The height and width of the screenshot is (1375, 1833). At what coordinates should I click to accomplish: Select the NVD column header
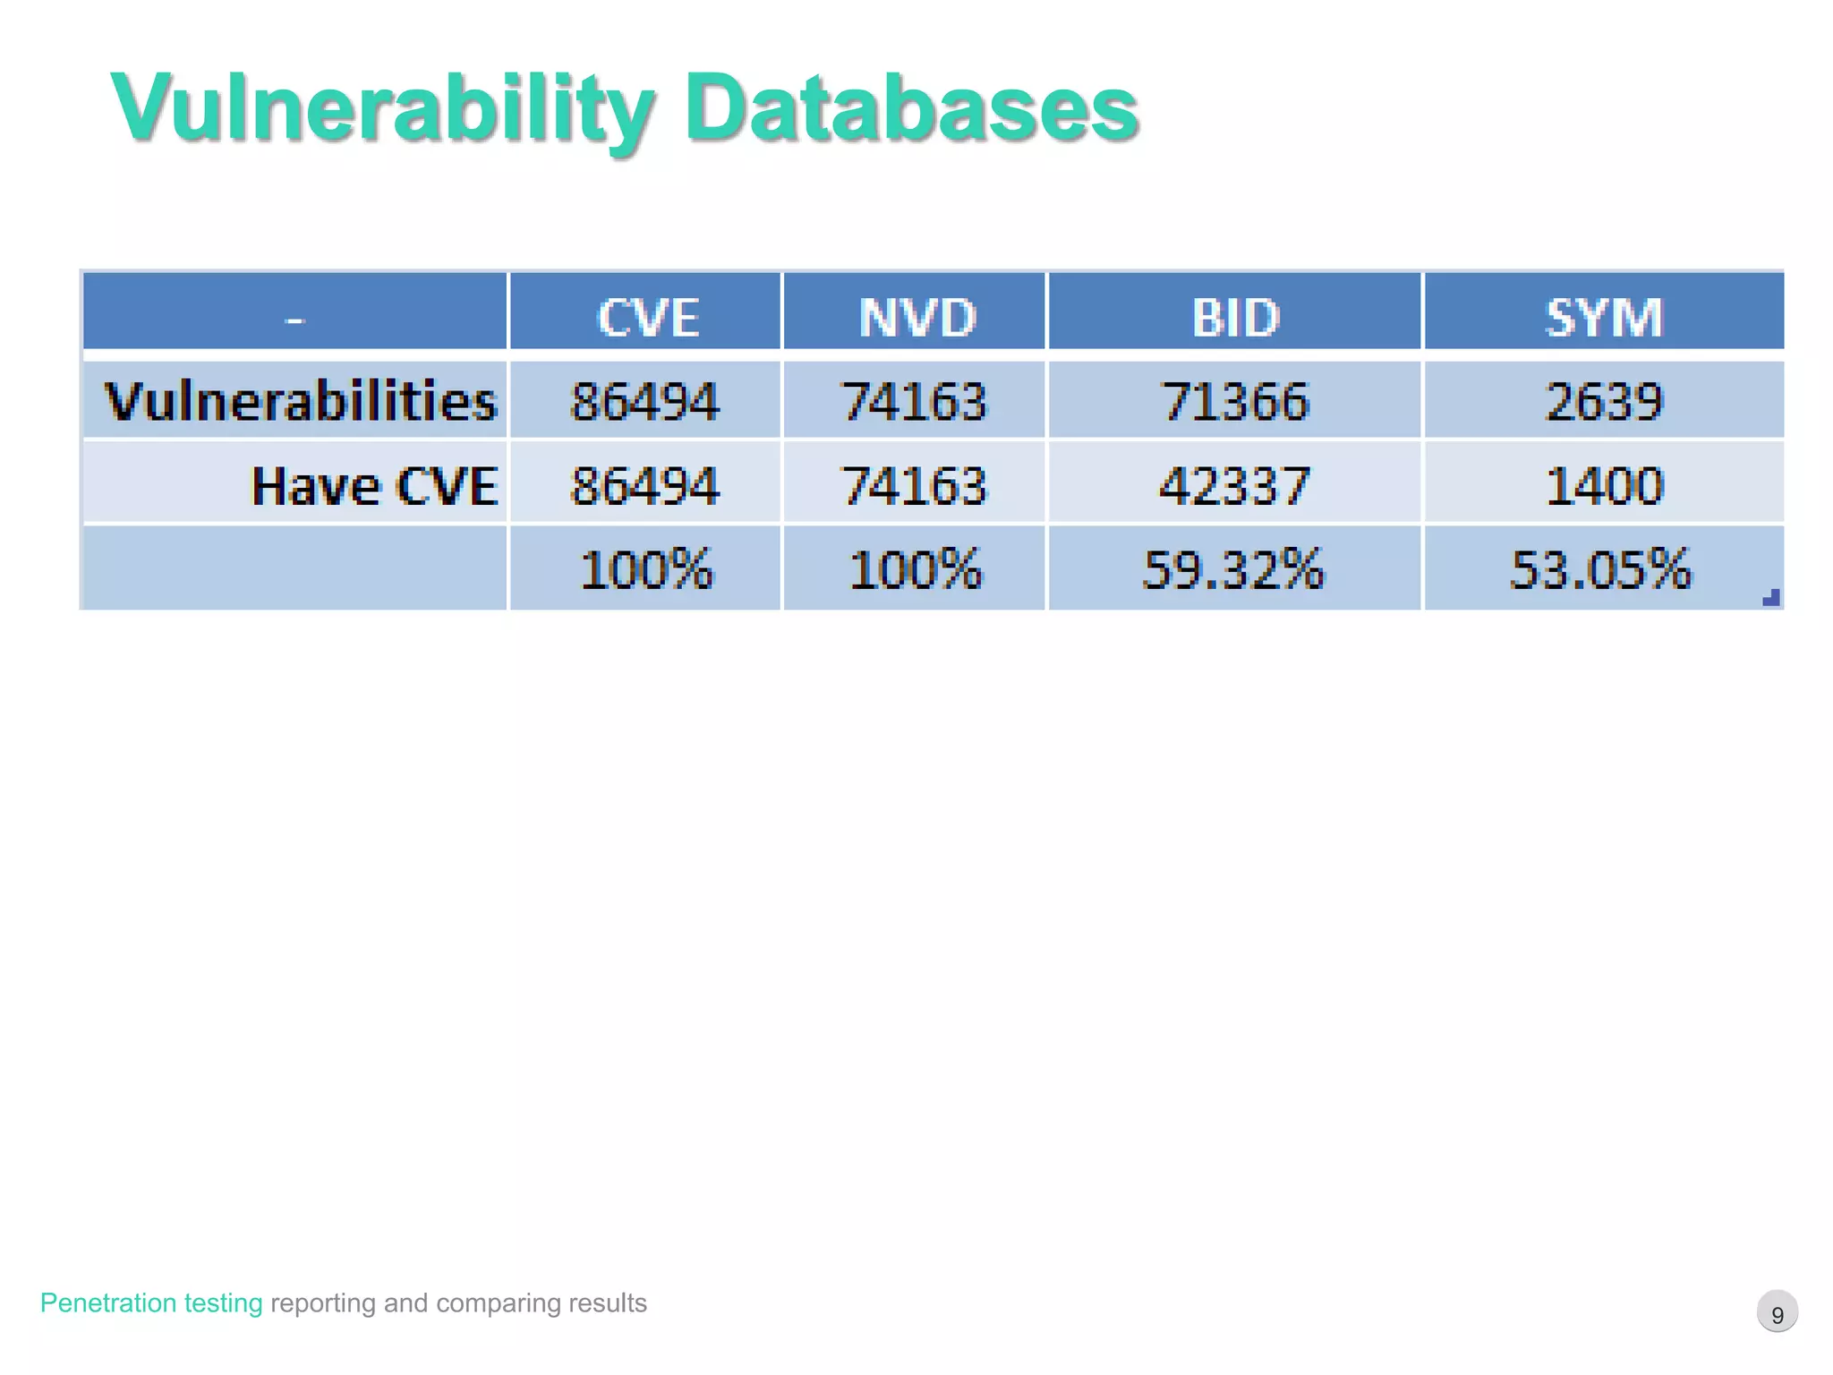point(916,317)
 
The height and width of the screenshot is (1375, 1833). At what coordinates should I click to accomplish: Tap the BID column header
point(1236,317)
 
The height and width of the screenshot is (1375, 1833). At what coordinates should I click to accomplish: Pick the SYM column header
point(1604,317)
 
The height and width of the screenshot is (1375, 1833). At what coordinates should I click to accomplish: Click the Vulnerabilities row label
point(301,400)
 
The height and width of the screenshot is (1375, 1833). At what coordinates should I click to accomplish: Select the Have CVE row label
point(374,486)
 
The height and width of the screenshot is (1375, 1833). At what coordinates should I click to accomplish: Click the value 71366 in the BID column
point(1236,400)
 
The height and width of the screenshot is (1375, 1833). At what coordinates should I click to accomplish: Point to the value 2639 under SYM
point(1604,400)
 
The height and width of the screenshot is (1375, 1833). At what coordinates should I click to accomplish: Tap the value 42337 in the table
point(1234,486)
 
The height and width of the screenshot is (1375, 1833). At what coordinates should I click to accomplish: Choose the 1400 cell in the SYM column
point(1604,486)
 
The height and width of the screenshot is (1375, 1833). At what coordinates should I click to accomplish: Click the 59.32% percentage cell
point(1233,569)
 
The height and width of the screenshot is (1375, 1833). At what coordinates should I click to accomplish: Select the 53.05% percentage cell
point(1601,569)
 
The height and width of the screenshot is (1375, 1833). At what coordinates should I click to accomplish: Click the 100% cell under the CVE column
point(646,569)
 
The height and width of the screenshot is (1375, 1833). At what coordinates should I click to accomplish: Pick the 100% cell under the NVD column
point(915,569)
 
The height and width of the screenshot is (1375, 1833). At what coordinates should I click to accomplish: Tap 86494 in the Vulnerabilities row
point(644,400)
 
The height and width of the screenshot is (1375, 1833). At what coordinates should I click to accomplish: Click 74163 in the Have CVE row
point(915,486)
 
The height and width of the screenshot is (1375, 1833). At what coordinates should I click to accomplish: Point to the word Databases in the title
point(911,108)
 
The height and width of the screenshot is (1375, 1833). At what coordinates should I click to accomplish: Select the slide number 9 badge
point(1778,1313)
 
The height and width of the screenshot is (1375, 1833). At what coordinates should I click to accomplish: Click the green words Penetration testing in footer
point(151,1302)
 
